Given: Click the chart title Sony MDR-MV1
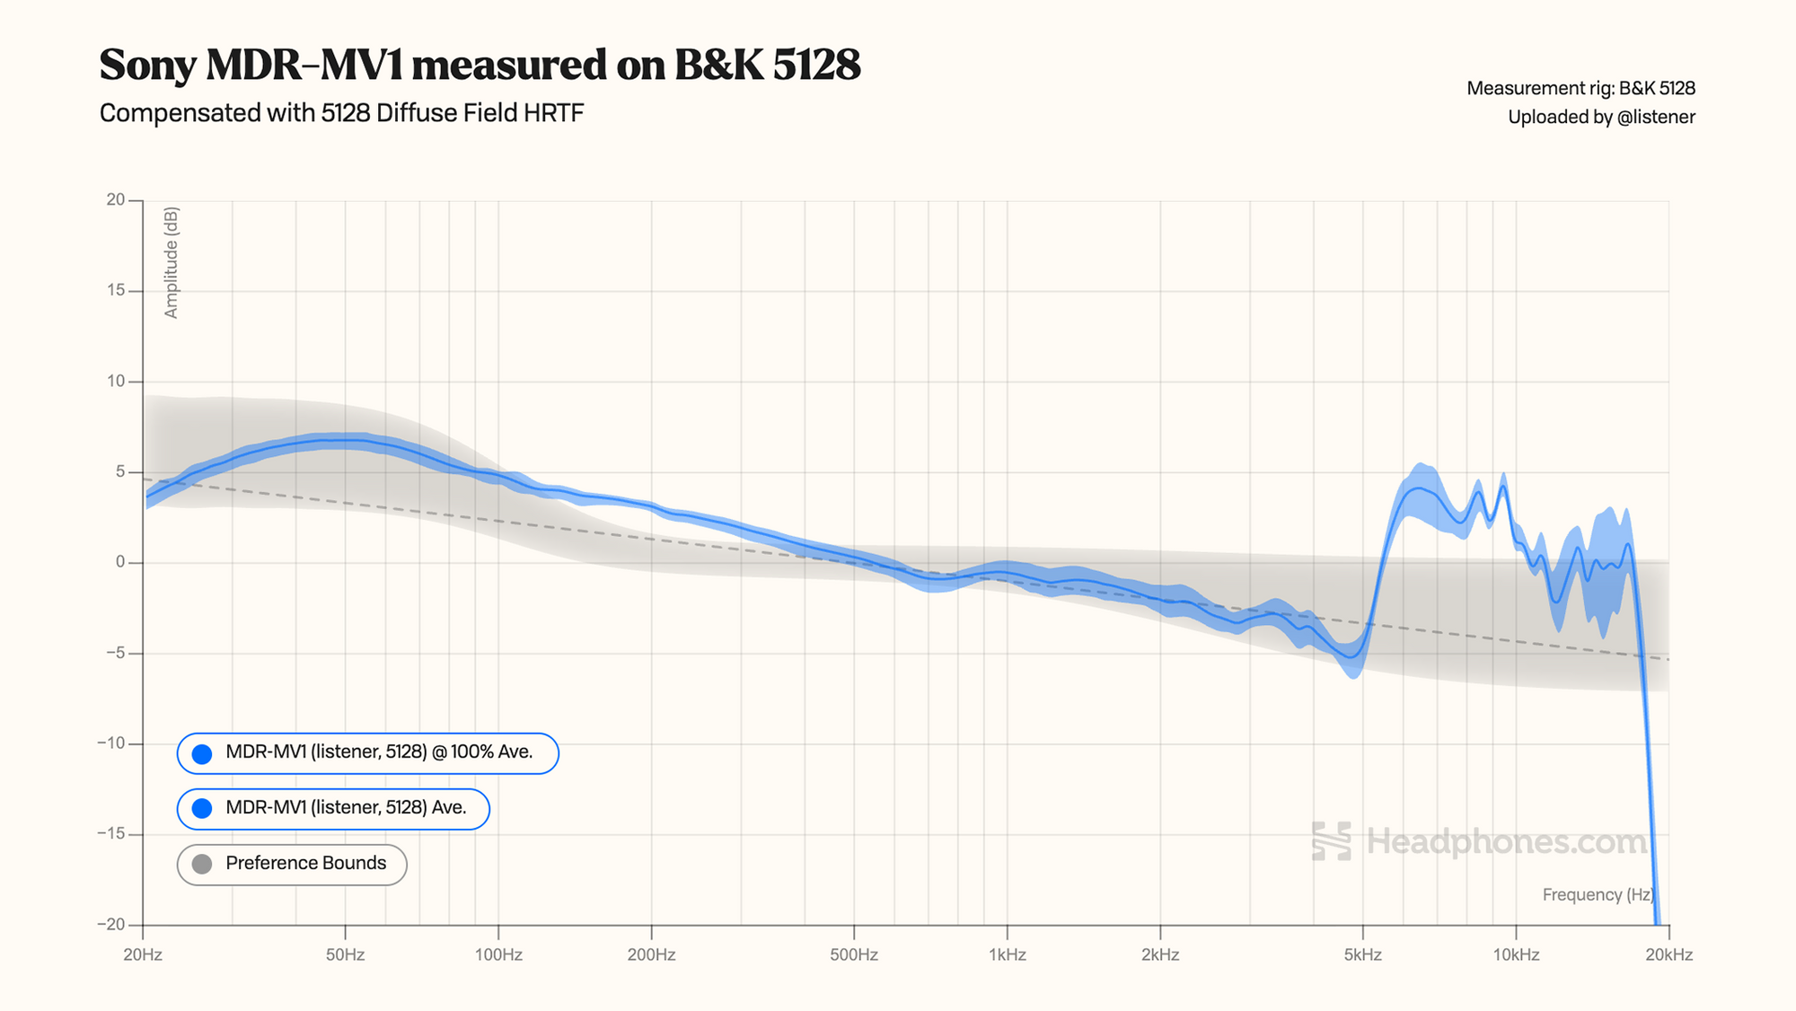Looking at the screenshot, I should pos(480,65).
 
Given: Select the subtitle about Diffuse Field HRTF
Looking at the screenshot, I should pos(341,113).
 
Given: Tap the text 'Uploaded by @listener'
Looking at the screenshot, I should pos(1601,117).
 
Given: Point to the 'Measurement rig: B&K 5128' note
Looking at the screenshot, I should pos(1580,88).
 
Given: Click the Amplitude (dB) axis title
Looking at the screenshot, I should pos(172,262).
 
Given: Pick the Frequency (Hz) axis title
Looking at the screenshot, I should pos(1598,894).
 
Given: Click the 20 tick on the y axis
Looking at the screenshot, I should pos(116,199).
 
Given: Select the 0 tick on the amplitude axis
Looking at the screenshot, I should pos(120,562).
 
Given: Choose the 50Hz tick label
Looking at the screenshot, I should pos(345,954).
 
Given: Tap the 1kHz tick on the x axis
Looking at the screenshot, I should pos(1007,954).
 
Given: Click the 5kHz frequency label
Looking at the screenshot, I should pos(1362,954).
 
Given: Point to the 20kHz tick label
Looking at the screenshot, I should pos(1668,954).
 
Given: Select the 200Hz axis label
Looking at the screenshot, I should pos(651,954).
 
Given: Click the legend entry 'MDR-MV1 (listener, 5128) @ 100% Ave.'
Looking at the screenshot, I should pos(368,752).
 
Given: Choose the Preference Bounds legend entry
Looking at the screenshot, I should pos(293,864).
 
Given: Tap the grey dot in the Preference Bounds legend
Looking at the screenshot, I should pos(202,864).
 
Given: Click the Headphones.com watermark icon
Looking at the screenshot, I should pos(1331,841).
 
